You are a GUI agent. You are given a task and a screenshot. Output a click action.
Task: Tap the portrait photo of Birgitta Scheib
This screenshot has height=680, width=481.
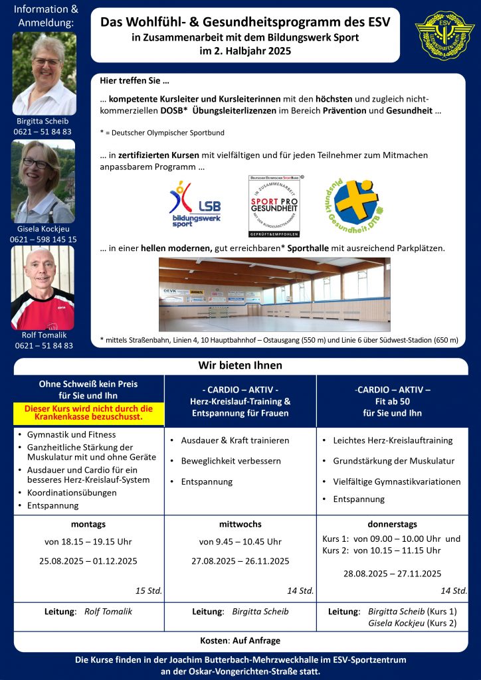[x=44, y=73]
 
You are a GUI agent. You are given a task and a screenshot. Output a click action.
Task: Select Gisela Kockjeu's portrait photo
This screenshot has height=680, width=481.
[x=44, y=181]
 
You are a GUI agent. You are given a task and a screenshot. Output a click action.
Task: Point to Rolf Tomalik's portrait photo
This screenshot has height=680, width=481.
[x=43, y=288]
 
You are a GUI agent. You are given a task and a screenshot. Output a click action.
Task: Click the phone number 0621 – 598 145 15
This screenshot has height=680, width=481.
[x=44, y=239]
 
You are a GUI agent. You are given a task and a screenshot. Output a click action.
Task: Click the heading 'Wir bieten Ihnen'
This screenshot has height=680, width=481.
[x=241, y=365]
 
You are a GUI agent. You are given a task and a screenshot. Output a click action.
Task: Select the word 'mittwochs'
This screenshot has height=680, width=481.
[x=241, y=524]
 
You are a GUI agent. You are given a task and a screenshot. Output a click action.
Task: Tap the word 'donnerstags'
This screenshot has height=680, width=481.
[x=392, y=524]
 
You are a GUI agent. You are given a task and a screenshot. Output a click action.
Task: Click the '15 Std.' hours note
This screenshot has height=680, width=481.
[x=149, y=590]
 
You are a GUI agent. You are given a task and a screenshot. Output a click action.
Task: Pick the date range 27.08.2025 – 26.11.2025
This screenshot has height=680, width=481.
[x=241, y=561]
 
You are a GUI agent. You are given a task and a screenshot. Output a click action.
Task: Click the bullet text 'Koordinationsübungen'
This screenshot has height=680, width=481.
[x=72, y=493]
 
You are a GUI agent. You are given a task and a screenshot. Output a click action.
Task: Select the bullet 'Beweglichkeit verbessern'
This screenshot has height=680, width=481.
[x=231, y=461]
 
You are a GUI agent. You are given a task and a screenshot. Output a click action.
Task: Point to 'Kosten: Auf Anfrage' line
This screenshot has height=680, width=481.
[x=241, y=640]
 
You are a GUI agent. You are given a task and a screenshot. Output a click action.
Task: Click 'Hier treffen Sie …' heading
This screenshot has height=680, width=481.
[x=134, y=81]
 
